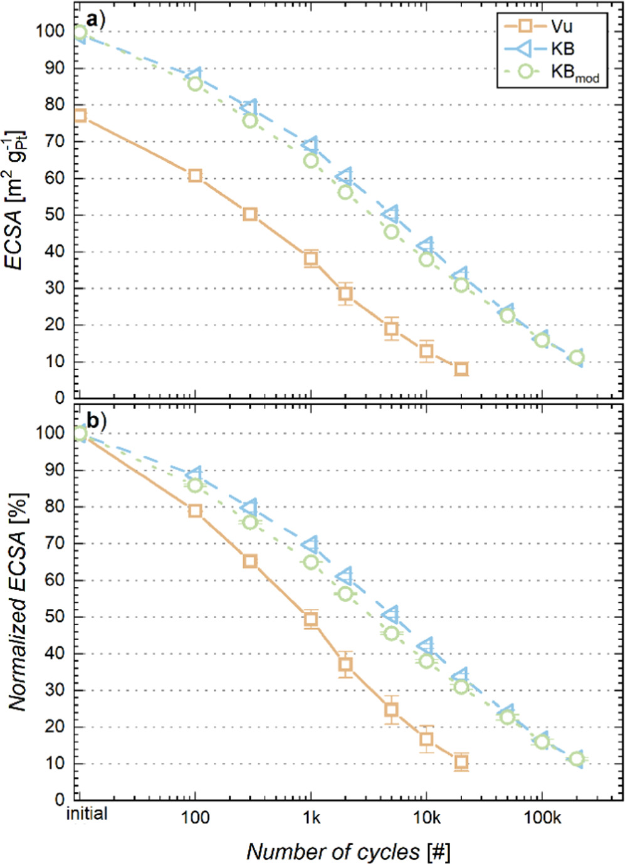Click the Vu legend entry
(552, 26)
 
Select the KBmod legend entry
(552, 72)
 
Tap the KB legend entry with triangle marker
(552, 49)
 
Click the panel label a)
(96, 19)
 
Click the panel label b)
(96, 420)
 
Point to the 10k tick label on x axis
(426, 817)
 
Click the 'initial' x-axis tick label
(87, 814)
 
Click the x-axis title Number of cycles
(348, 851)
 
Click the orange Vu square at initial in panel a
(80, 115)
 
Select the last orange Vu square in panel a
(461, 369)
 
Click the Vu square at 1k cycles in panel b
(310, 619)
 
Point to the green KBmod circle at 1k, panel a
(311, 161)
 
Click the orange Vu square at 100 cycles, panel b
(195, 510)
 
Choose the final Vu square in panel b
(461, 762)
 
